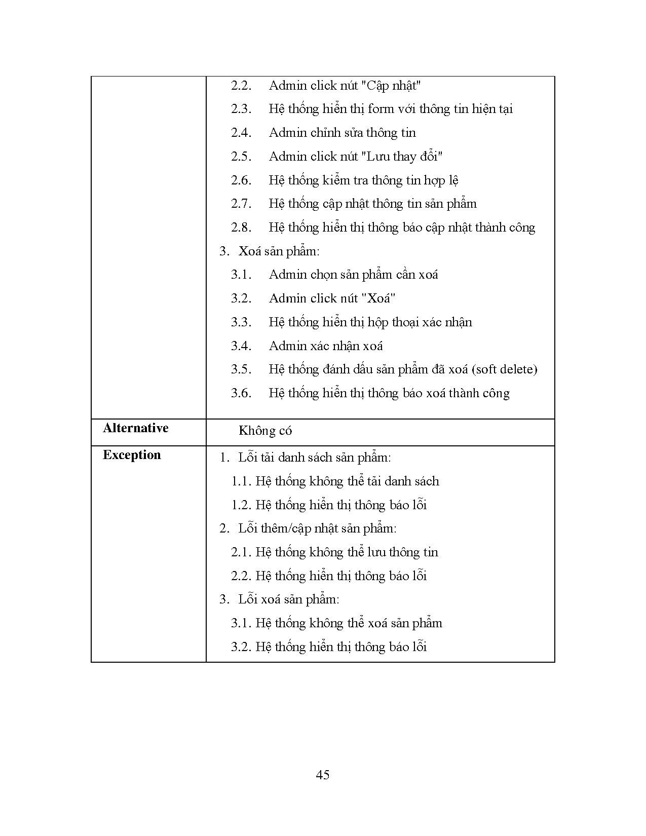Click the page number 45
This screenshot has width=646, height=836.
pyautogui.click(x=322, y=775)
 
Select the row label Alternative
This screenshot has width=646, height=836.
pyautogui.click(x=135, y=428)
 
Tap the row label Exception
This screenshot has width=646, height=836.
pyautogui.click(x=132, y=455)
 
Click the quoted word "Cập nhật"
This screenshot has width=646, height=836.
pyautogui.click(x=391, y=86)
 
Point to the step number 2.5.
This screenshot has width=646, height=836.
pyautogui.click(x=241, y=157)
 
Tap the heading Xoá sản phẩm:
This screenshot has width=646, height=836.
pyautogui.click(x=279, y=251)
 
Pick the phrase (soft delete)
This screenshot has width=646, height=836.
pyautogui.click(x=504, y=369)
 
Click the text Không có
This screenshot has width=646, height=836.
pyautogui.click(x=265, y=431)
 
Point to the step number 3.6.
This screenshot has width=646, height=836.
pyautogui.click(x=241, y=393)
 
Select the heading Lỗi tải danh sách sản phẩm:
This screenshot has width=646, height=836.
pyautogui.click(x=314, y=458)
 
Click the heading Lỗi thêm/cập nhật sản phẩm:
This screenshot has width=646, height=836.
pyautogui.click(x=317, y=528)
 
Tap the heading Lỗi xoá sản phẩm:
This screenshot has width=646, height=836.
pyautogui.click(x=288, y=599)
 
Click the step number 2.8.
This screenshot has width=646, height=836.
pyautogui.click(x=241, y=227)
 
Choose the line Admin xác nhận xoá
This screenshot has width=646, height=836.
pyautogui.click(x=325, y=346)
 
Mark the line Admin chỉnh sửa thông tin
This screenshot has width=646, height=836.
pyautogui.click(x=342, y=133)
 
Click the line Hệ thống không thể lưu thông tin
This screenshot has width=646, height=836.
pyautogui.click(x=347, y=552)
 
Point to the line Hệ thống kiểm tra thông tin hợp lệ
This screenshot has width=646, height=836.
pyautogui.click(x=363, y=180)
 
